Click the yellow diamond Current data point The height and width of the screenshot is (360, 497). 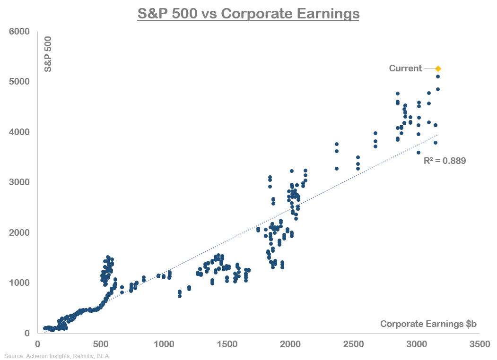point(438,69)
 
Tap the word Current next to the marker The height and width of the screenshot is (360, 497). point(405,69)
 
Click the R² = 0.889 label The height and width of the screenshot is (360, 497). point(445,161)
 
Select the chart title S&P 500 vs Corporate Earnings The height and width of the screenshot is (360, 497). point(248,14)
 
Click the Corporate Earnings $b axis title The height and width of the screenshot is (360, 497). point(428,324)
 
